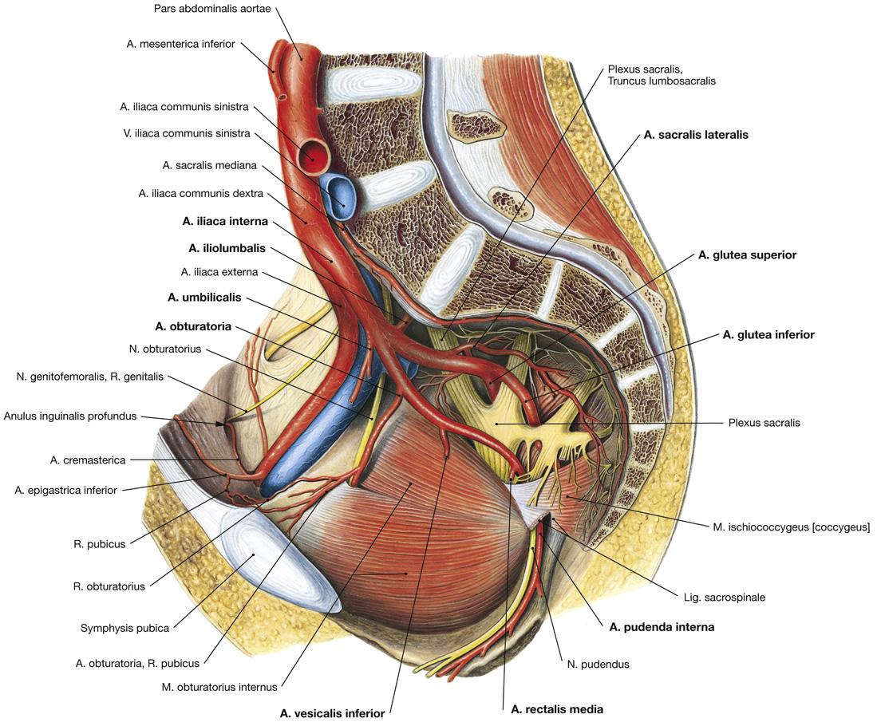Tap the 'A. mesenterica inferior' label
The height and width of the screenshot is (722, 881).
pos(180,44)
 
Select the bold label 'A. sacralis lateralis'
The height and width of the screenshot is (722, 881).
pos(696,135)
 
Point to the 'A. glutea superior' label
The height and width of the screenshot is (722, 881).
pos(747,255)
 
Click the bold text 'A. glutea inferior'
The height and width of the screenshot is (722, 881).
pos(768,335)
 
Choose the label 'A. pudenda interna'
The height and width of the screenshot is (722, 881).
pos(662,627)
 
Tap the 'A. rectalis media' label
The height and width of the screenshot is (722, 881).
pos(557,708)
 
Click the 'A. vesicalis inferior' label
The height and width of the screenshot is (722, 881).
pos(333,712)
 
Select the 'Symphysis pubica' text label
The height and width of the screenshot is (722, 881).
pos(124,628)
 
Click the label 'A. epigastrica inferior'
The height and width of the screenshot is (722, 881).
pos(65,490)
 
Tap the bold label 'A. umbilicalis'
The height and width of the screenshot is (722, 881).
pos(204,298)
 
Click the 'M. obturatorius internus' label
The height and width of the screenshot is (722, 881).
pos(219,686)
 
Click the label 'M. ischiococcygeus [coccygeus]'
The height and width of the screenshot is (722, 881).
pos(791,527)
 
